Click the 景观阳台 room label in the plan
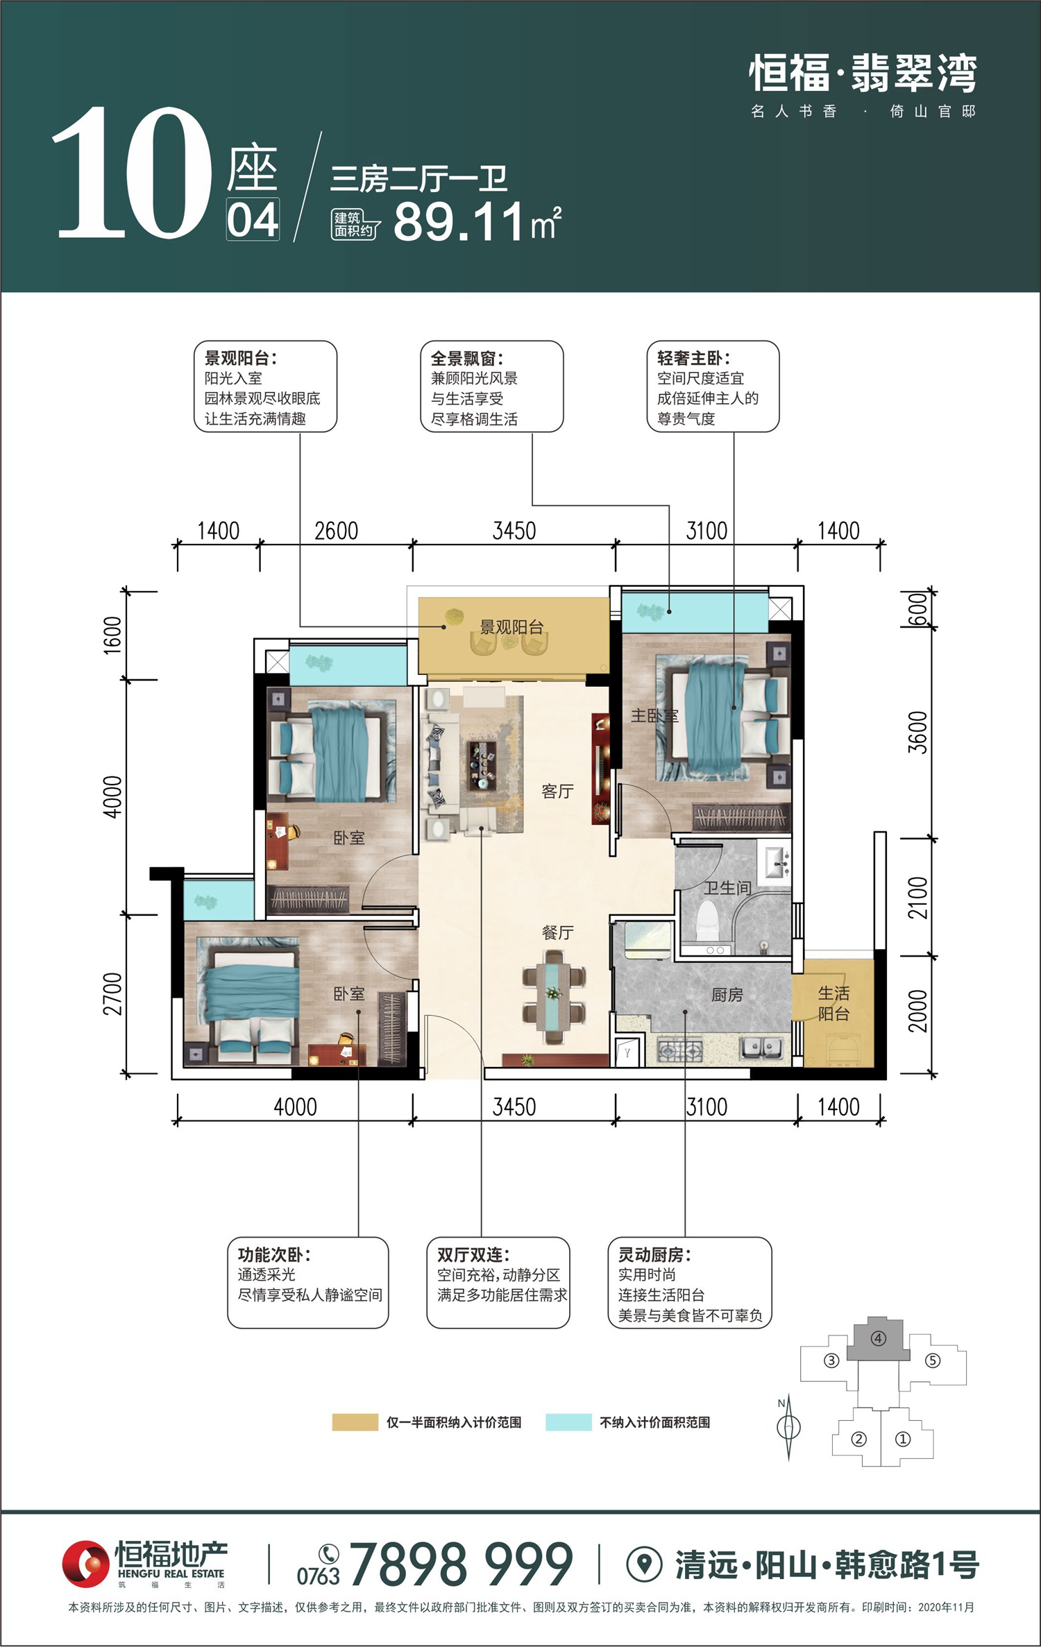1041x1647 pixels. pyautogui.click(x=511, y=627)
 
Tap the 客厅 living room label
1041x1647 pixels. pyautogui.click(x=557, y=791)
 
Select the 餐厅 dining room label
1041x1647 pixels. pyautogui.click(x=557, y=932)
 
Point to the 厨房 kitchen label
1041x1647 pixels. pyautogui.click(x=727, y=995)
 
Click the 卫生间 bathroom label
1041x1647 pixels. pyautogui.click(x=728, y=888)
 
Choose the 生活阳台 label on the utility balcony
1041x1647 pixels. pyautogui.click(x=833, y=1004)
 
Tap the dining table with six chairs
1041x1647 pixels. pyautogui.click(x=554, y=996)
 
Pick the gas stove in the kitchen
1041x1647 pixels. pyautogui.click(x=680, y=1051)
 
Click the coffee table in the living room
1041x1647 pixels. pyautogui.click(x=483, y=765)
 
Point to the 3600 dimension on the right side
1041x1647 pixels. pyautogui.click(x=917, y=733)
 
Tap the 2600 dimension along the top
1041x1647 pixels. pyautogui.click(x=337, y=531)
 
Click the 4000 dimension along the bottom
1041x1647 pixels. pyautogui.click(x=295, y=1107)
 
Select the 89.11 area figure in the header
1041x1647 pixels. pyautogui.click(x=458, y=222)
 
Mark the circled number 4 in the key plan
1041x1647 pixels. pyautogui.click(x=879, y=1338)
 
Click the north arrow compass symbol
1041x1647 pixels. pyautogui.click(x=788, y=1428)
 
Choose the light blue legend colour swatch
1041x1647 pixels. pyautogui.click(x=568, y=1422)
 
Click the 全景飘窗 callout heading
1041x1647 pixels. pyautogui.click(x=466, y=359)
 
